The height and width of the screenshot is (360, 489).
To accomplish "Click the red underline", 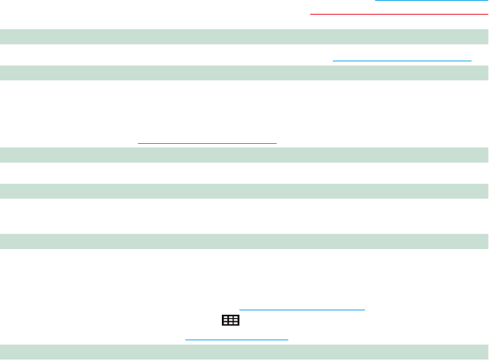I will point(398,13).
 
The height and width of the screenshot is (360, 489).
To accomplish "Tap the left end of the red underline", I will point(312,13).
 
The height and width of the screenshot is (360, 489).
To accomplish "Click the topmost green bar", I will point(244,36).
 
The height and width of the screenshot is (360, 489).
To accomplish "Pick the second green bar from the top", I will point(244,72).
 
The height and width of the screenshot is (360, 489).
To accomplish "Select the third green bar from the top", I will point(244,154).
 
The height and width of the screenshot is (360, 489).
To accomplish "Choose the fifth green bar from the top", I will point(244,240).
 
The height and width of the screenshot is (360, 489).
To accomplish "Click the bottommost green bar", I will point(244,351).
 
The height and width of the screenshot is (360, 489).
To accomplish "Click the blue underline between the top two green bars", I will point(402,61).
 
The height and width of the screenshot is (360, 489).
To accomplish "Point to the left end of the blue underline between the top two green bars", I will point(334,61).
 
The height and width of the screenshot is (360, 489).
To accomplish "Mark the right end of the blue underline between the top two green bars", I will point(471,61).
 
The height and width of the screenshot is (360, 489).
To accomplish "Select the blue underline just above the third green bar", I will point(207,142).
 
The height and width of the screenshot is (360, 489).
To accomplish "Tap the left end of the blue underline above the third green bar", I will point(139,142).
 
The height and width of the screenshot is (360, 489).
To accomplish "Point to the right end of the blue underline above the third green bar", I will point(277,142).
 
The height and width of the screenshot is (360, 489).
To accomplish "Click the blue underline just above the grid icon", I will point(301,310).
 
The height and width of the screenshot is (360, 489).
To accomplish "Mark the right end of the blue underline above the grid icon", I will point(364,310).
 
